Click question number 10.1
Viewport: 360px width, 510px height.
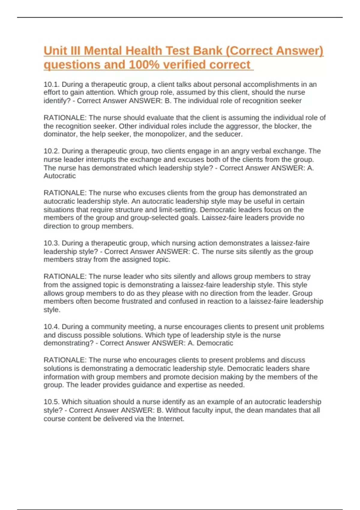52,84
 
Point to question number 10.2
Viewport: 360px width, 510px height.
52,151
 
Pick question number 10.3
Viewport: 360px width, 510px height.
52,243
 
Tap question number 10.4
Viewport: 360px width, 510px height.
52,326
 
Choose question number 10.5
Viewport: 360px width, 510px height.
52,402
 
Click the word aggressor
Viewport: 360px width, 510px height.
242,126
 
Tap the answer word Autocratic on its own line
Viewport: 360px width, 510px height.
60,176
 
